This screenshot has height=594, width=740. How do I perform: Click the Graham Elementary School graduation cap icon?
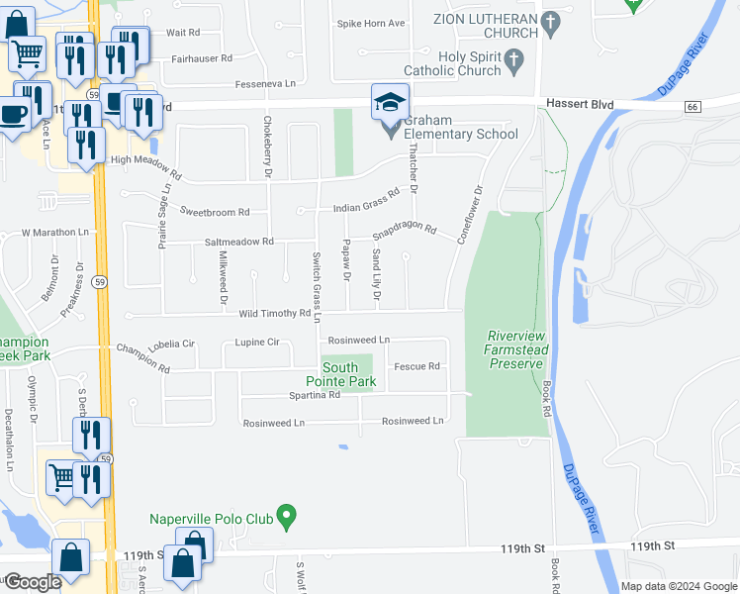[390, 103]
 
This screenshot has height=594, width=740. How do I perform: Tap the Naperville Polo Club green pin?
[287, 516]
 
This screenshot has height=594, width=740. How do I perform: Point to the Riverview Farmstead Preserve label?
[516, 349]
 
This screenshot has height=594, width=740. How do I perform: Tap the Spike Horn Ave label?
[371, 23]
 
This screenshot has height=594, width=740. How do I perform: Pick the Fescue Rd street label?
[416, 366]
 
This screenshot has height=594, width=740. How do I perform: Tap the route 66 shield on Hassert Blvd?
[691, 106]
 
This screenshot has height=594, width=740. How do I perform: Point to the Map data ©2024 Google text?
[678, 586]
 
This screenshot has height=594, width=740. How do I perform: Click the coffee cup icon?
[14, 114]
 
